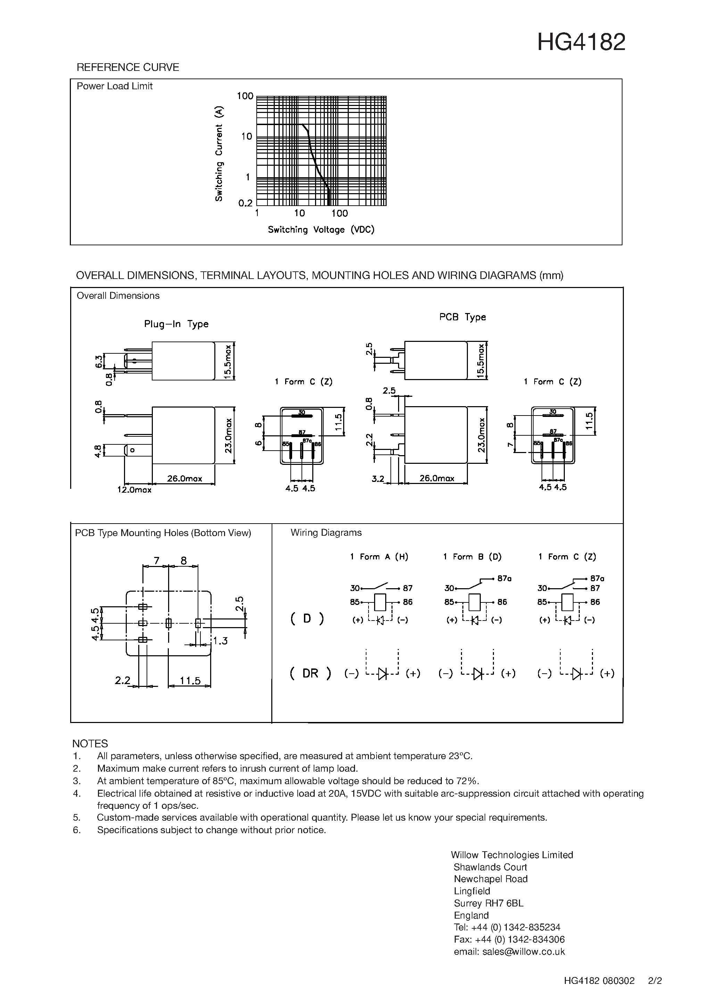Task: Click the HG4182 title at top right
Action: (581, 43)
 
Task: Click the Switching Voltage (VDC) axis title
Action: (321, 230)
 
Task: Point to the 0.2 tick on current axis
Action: (246, 203)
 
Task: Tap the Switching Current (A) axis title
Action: (219, 154)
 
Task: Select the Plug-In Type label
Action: (176, 324)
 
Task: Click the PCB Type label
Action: (462, 317)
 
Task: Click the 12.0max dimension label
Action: (134, 490)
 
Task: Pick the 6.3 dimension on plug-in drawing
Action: (98, 361)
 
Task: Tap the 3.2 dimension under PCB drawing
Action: (378, 479)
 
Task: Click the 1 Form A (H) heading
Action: (379, 557)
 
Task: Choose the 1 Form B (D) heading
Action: (472, 557)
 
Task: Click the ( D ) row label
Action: (307, 618)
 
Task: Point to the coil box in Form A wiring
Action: (380, 602)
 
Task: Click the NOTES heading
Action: (90, 744)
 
